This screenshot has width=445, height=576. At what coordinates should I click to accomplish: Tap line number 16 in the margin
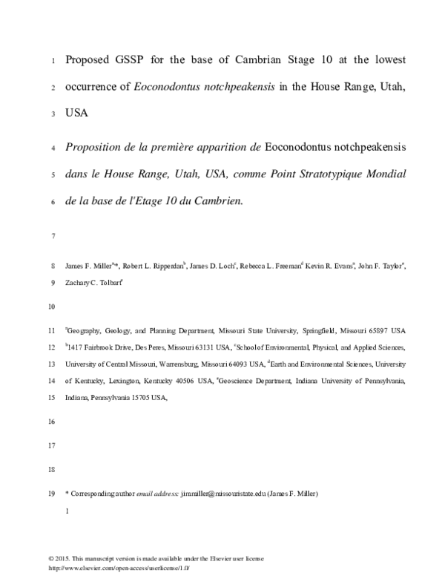[x=51, y=421]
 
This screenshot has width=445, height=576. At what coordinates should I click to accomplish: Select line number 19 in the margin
[x=51, y=492]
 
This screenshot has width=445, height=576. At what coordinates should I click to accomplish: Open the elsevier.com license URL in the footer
[x=119, y=567]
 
